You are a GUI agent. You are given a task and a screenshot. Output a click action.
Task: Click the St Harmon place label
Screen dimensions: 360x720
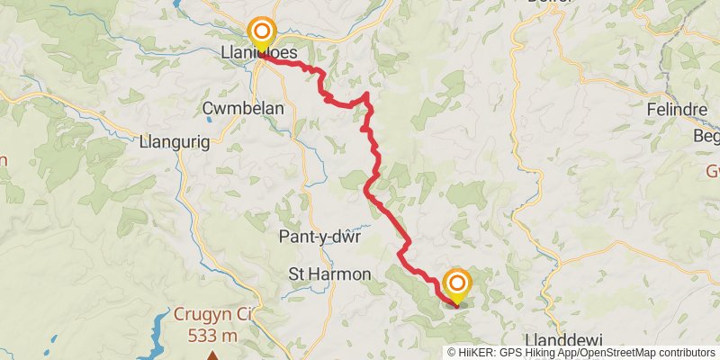coord(328,273)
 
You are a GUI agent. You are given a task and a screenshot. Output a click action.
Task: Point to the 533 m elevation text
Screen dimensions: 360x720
coord(213,336)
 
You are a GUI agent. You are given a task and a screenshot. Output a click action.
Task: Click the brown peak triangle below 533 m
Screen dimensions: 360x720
coord(213,355)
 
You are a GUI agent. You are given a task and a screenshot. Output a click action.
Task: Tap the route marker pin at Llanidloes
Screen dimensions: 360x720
coord(262,32)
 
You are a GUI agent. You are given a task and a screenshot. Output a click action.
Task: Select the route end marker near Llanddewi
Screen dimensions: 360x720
coord(455,283)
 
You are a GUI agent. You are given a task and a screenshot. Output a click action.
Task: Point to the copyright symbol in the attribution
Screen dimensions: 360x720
coord(453,352)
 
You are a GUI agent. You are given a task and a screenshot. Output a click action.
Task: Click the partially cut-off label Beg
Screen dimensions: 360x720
coord(706,137)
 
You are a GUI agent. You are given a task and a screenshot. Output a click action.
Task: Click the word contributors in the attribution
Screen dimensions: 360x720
coord(685,352)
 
